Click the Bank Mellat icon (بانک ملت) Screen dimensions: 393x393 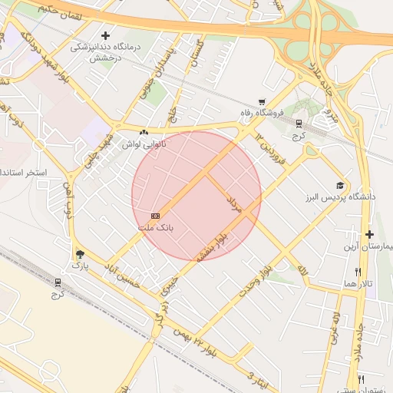coord(156,216)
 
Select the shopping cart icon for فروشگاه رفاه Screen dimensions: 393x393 coord(262,102)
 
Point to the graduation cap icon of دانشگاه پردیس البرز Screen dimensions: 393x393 coord(339,185)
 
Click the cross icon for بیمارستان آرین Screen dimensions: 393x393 coord(369,234)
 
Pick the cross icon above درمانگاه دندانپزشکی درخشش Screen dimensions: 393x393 coord(105,35)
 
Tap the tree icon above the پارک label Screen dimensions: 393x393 coord(81,253)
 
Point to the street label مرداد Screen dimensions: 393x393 coord(234,203)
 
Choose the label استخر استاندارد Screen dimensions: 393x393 coord(24,173)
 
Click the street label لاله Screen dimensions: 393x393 coord(302,270)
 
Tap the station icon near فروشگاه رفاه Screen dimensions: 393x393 coord(299,124)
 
